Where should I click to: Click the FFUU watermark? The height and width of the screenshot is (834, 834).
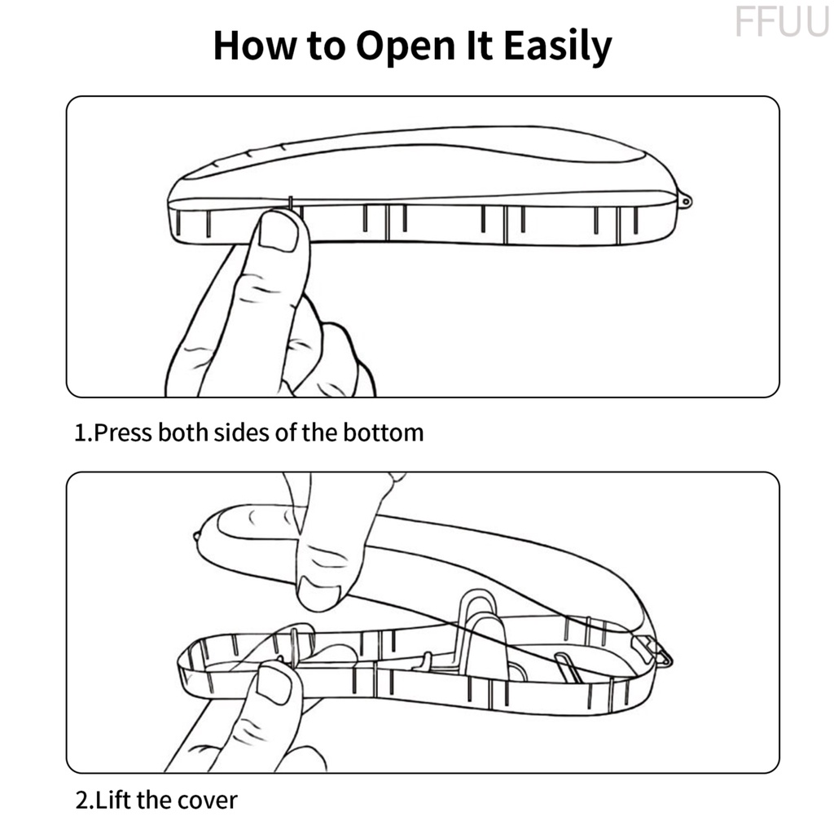[x=780, y=22]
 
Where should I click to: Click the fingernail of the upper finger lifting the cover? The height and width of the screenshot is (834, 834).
[x=317, y=592]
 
